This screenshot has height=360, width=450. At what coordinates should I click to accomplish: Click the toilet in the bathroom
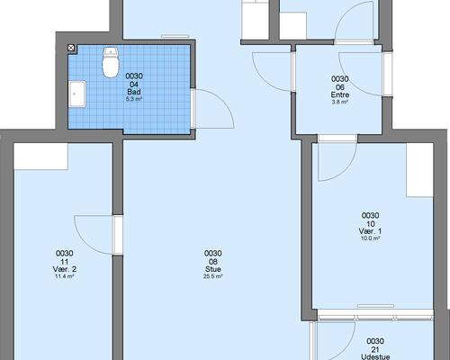click(111, 62)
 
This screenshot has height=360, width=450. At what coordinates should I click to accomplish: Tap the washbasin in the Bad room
click(77, 94)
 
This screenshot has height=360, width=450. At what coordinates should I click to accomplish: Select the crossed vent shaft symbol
click(71, 48)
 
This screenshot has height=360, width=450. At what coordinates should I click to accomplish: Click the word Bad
click(134, 92)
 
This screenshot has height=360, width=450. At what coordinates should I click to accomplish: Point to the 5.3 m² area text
click(134, 99)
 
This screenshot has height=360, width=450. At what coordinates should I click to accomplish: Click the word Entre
click(340, 94)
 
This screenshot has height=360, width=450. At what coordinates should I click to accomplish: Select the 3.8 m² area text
click(340, 102)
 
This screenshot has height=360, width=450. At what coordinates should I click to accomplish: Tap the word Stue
click(213, 269)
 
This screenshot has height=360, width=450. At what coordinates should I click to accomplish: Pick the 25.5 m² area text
click(213, 276)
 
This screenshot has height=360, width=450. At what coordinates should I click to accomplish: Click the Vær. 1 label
click(370, 231)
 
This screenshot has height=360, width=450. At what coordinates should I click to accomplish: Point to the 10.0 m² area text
click(370, 238)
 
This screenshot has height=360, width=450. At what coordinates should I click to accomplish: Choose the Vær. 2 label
click(64, 269)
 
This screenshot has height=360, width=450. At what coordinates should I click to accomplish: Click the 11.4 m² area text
click(64, 276)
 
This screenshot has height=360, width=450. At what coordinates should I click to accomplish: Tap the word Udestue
click(375, 356)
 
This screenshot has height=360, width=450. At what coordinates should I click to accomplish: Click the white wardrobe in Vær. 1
click(419, 170)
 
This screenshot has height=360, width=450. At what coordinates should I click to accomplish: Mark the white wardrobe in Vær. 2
click(41, 157)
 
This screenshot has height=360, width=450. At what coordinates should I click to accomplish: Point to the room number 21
click(375, 349)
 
